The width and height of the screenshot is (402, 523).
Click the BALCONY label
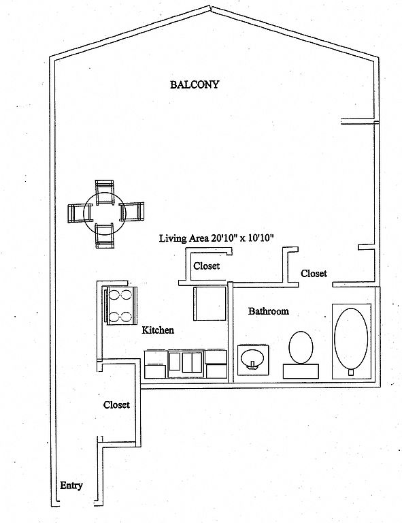pos(195,84)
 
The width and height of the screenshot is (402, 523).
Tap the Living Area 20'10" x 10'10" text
pos(216,238)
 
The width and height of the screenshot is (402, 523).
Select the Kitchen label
pos(158,330)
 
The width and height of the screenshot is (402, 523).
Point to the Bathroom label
pos(269,311)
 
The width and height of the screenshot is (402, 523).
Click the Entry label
pos(71,486)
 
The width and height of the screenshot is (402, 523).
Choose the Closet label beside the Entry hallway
pos(116,405)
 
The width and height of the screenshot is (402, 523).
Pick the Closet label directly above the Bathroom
pos(314,273)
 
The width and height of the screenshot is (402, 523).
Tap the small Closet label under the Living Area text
pos(207,266)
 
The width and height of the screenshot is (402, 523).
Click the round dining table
pos(104,212)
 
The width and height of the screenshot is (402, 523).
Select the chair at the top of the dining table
pos(105,192)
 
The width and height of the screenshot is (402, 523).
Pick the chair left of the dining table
pos(76,213)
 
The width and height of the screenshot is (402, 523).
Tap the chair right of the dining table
pos(132,212)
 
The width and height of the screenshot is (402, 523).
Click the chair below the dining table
pos(105,236)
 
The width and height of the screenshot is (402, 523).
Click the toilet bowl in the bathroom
pos(301,347)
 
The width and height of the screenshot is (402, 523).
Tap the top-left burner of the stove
pos(114,295)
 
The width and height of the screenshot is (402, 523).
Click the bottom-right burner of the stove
pos(127,316)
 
